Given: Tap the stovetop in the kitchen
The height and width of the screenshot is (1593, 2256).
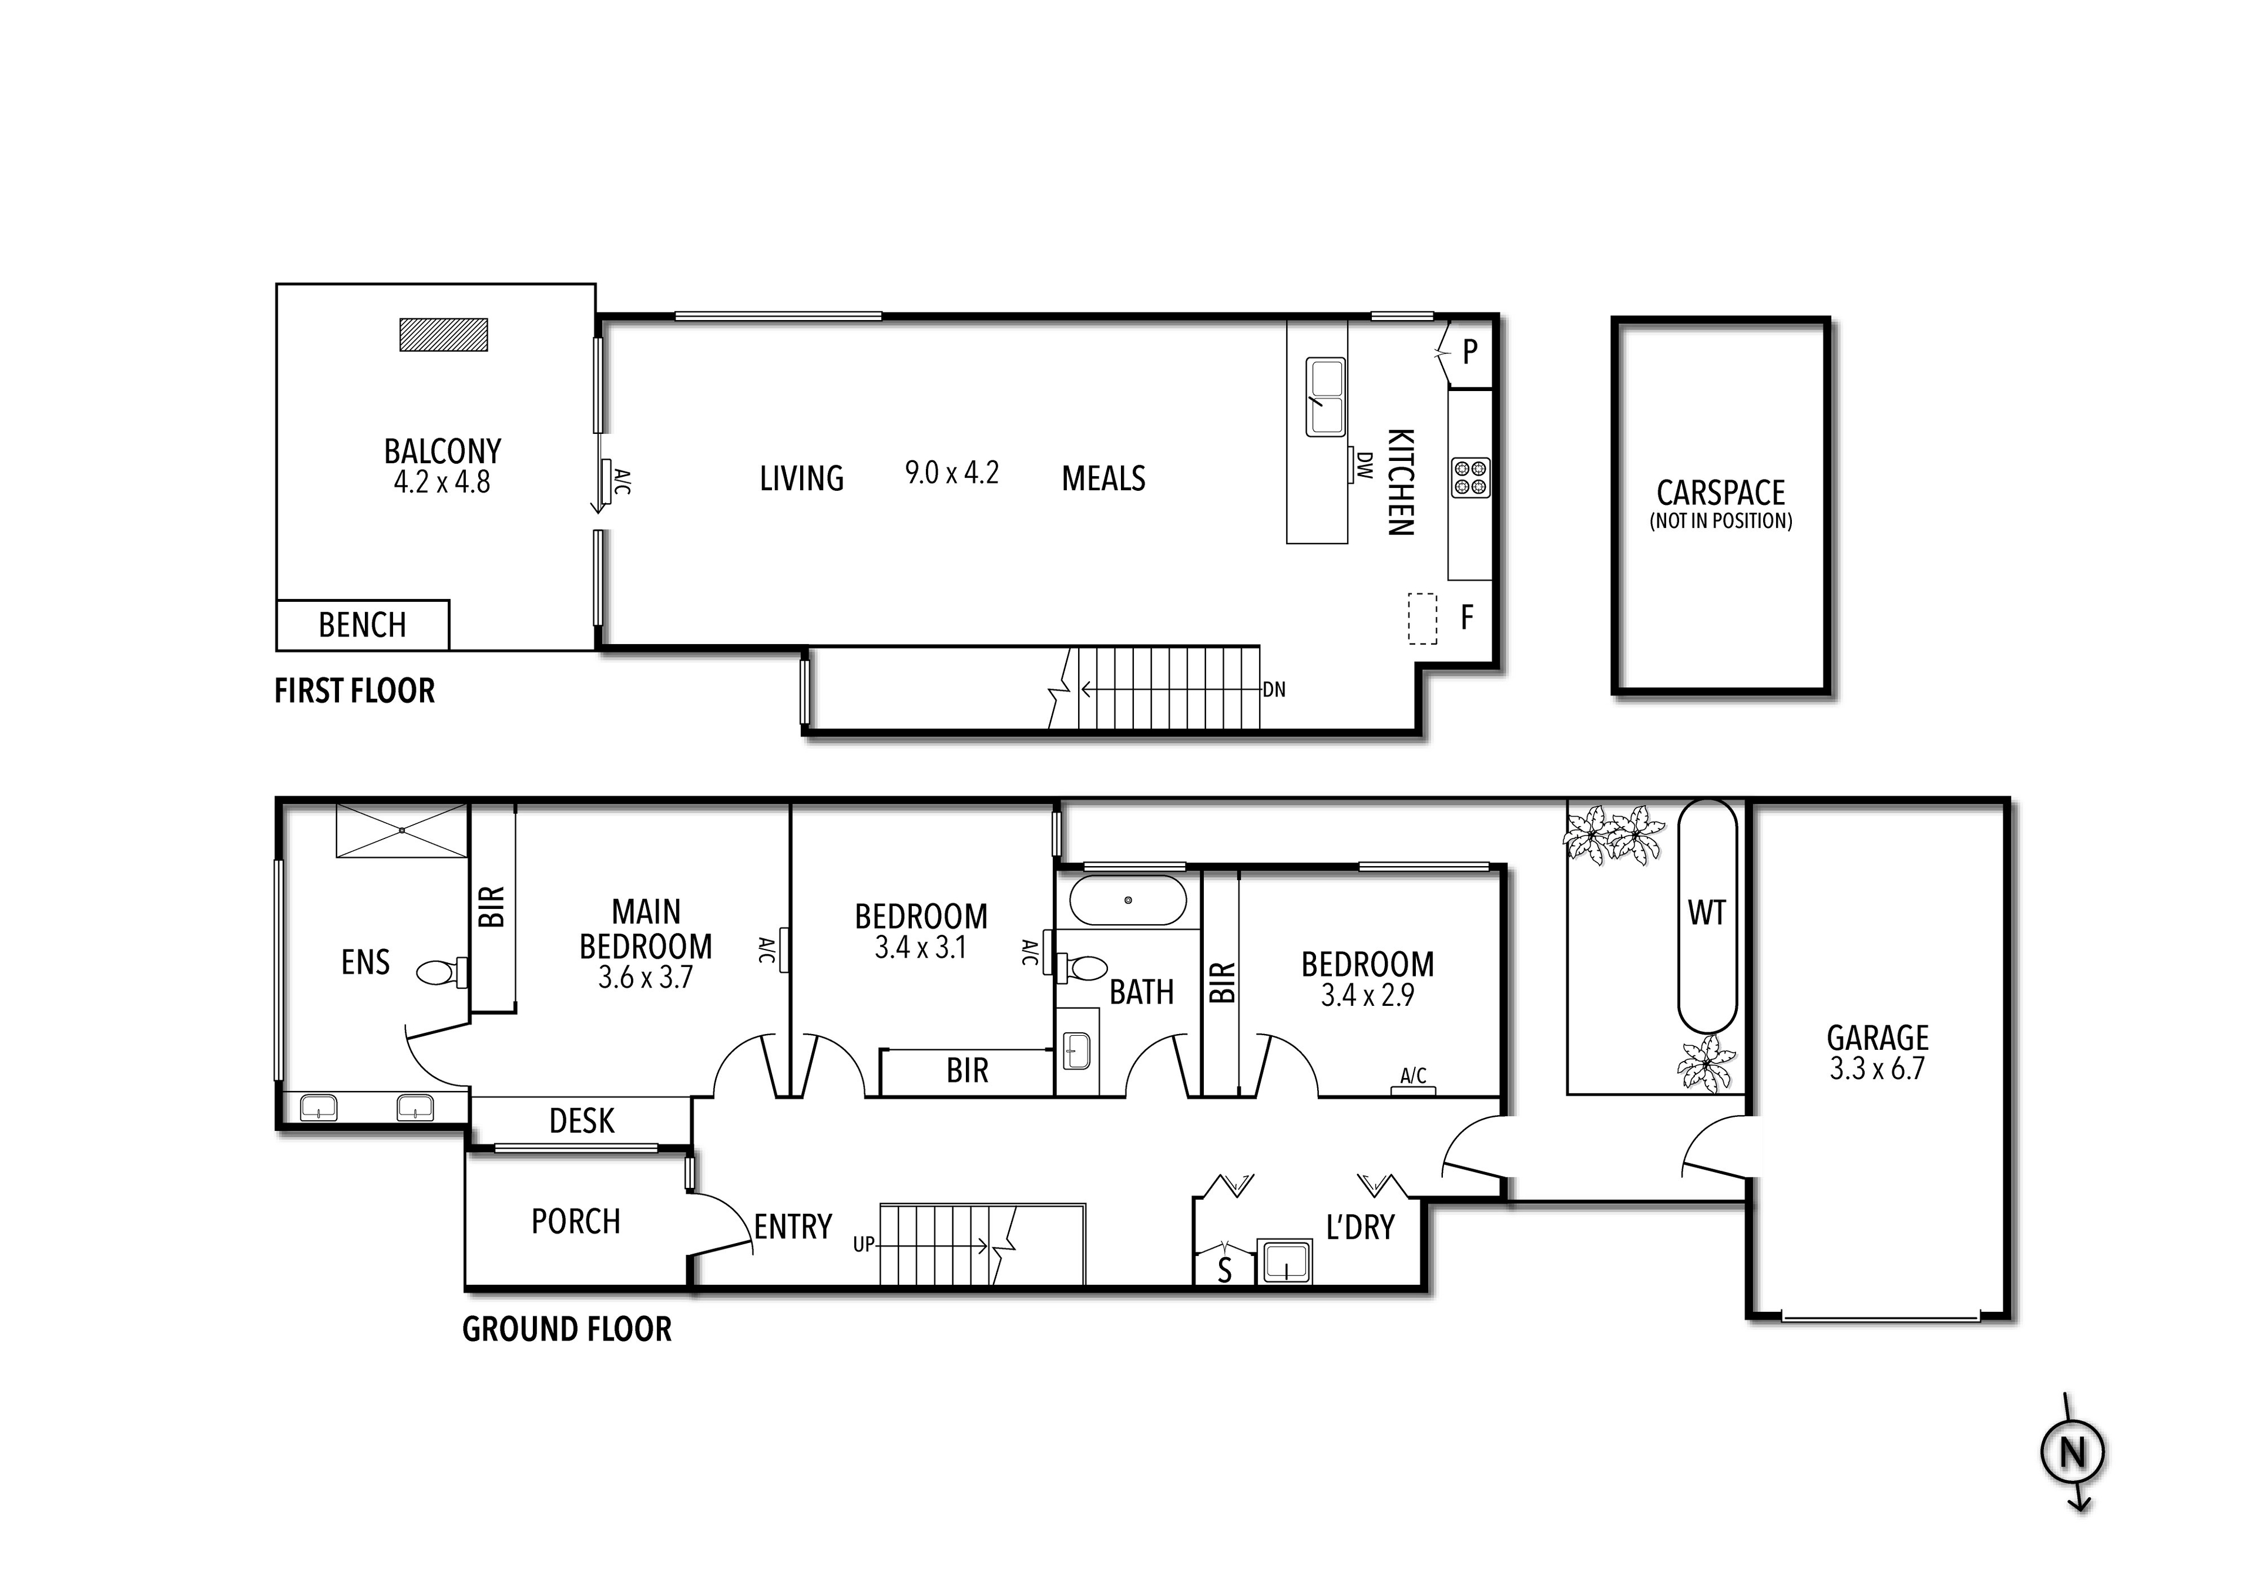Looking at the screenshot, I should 1471,477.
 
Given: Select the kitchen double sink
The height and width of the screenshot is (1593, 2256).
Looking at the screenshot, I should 1325,397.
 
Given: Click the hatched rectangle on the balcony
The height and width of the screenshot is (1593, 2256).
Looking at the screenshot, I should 443,335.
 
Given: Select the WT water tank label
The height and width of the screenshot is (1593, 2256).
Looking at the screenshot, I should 1707,914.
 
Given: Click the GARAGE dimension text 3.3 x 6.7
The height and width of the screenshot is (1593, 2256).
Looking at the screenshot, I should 1876,1069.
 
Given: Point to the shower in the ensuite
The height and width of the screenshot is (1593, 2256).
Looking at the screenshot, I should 402,831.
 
